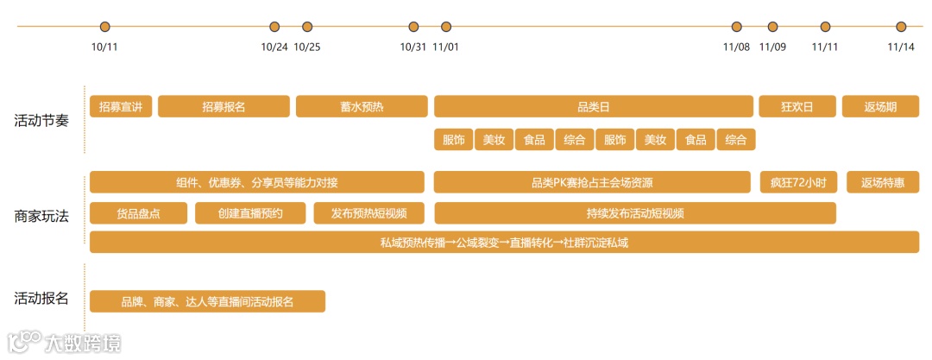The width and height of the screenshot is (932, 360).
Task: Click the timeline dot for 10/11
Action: pos(105,27)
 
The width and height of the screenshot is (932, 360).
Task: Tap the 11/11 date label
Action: pos(825,47)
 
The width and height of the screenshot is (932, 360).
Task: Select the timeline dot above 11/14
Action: pos(901,27)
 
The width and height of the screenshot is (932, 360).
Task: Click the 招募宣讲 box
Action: pos(121,107)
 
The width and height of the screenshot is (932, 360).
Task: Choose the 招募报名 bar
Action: pos(224,107)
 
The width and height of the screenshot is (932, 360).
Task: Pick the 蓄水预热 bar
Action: pos(362,107)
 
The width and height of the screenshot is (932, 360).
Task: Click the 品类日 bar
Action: pos(594,107)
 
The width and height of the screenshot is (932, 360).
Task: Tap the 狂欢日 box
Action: pos(797,107)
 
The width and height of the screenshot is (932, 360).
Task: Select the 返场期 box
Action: pos(880,107)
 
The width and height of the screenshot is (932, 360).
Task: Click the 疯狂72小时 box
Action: pos(798,182)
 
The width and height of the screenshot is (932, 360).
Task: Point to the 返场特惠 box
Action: pos(883,182)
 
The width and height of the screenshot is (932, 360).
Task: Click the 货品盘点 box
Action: pos(138,213)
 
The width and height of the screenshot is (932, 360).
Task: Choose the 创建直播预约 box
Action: pos(250,213)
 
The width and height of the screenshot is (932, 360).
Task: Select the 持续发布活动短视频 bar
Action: pos(635,213)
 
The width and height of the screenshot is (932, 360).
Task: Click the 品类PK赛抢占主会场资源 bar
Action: pos(592,182)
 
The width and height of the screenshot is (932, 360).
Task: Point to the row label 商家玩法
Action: pos(41,215)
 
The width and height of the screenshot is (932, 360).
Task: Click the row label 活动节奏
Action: pos(41,120)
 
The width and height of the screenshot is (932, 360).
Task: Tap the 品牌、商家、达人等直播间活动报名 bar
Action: pos(207,301)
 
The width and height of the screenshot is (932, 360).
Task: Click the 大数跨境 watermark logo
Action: pos(65,342)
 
